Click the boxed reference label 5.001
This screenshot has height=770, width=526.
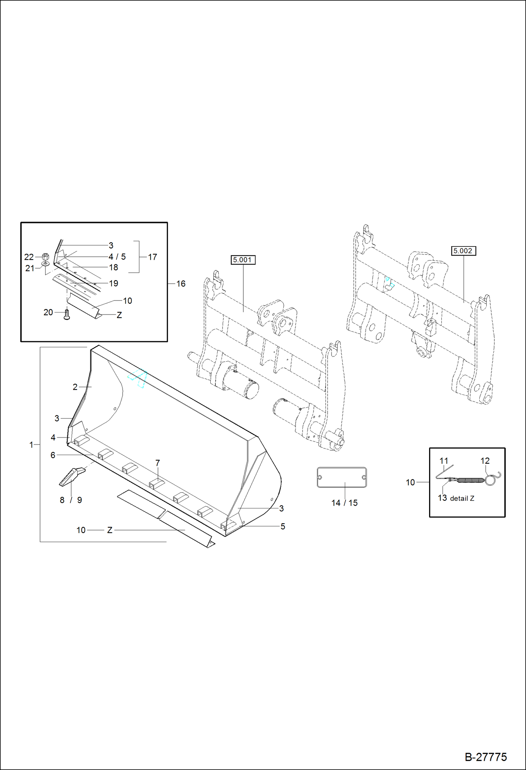click(243, 260)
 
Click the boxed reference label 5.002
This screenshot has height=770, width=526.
click(463, 251)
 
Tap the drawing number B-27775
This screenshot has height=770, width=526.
click(486, 757)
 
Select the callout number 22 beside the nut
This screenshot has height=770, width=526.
click(29, 257)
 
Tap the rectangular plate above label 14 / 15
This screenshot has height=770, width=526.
click(342, 477)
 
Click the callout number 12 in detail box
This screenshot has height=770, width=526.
click(485, 461)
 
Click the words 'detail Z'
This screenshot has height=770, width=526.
click(462, 499)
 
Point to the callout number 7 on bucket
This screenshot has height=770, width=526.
click(158, 463)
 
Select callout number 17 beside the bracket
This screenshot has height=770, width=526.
click(152, 257)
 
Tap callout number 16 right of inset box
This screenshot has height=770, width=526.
click(181, 284)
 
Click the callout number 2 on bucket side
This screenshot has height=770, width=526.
click(75, 387)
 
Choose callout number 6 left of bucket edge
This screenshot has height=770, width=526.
click(53, 455)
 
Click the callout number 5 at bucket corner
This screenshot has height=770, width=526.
click(283, 526)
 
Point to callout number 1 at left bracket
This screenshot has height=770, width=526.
click(31, 445)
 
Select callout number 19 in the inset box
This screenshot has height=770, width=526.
click(113, 283)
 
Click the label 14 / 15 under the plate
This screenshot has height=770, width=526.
click(344, 503)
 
